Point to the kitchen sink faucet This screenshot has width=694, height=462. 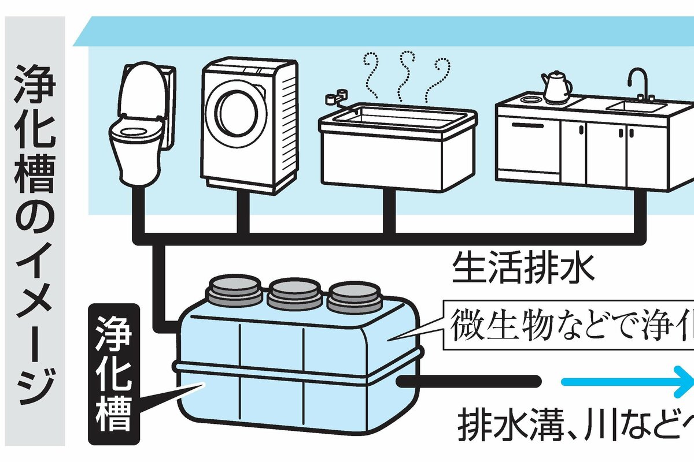point(639,84)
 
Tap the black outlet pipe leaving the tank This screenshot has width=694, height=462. point(468,381)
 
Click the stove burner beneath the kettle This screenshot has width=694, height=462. point(529,99)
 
